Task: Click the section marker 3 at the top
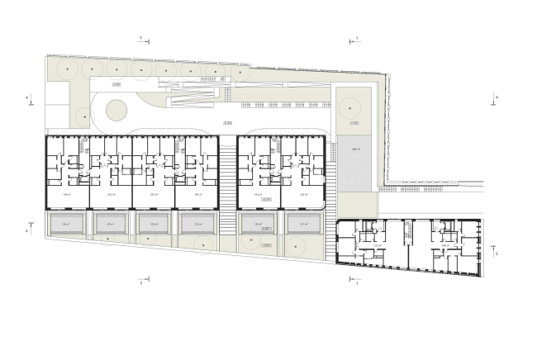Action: tap(141, 38)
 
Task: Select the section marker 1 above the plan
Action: tap(356, 38)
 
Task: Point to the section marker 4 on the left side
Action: tap(28, 99)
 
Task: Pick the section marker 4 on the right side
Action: tap(497, 97)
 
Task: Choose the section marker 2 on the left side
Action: tap(28, 232)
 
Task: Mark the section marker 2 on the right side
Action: tap(497, 253)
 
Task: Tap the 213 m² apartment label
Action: tap(378, 244)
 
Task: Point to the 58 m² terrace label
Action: tap(67, 224)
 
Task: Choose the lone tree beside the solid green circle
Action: tap(82, 116)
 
